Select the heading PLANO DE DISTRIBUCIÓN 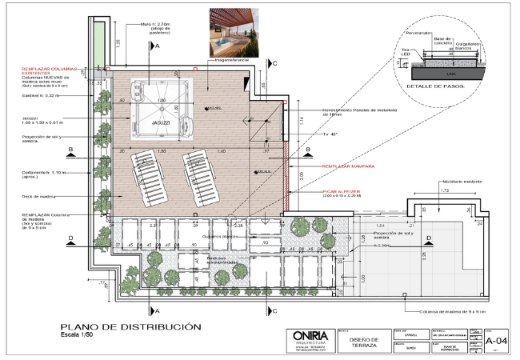126,326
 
